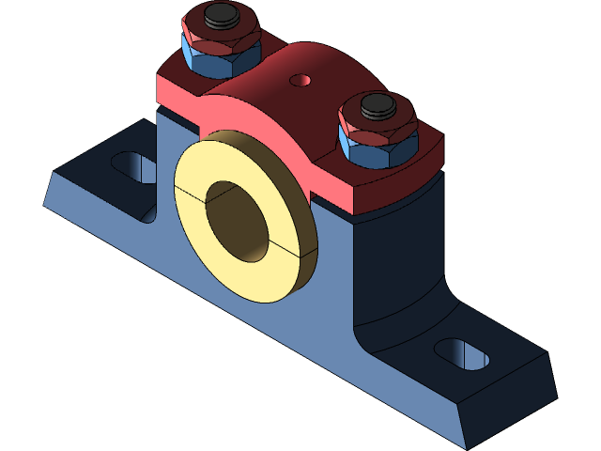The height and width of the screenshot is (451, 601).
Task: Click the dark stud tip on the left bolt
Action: pos(222,14)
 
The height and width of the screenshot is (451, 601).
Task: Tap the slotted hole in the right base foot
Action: pos(460,354)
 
